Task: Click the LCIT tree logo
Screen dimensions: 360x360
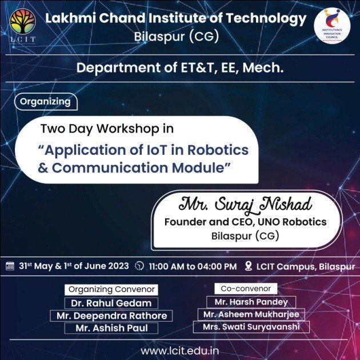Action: tap(23, 26)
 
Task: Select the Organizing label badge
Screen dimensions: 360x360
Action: tap(46, 102)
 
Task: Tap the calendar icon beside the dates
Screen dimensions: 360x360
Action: tap(10, 266)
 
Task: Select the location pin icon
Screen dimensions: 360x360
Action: tap(249, 266)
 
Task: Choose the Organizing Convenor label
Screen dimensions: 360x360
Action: tap(111, 289)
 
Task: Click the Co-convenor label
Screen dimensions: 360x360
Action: tap(246, 289)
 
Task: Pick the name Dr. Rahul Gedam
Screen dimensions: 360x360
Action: tap(111, 302)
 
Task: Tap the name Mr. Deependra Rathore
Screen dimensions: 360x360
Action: tap(111, 315)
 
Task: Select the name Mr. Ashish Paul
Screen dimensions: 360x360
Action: tap(111, 328)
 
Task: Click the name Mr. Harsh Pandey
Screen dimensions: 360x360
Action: tap(251, 302)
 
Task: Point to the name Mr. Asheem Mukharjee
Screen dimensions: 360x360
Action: tap(251, 314)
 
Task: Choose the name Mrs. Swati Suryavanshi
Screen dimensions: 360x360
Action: tap(251, 327)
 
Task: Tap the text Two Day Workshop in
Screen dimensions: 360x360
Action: tap(107, 129)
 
